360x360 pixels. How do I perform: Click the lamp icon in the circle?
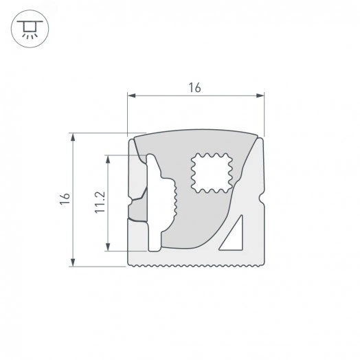point(27,27)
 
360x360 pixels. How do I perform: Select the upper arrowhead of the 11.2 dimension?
point(108,158)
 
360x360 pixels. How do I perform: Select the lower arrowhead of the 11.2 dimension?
point(108,247)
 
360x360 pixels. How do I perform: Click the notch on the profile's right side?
point(262,203)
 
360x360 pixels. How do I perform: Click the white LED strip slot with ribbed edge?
point(157,203)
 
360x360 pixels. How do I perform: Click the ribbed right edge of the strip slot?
point(176,199)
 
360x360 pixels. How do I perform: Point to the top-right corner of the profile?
point(262,135)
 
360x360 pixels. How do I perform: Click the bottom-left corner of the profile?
point(131,262)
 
